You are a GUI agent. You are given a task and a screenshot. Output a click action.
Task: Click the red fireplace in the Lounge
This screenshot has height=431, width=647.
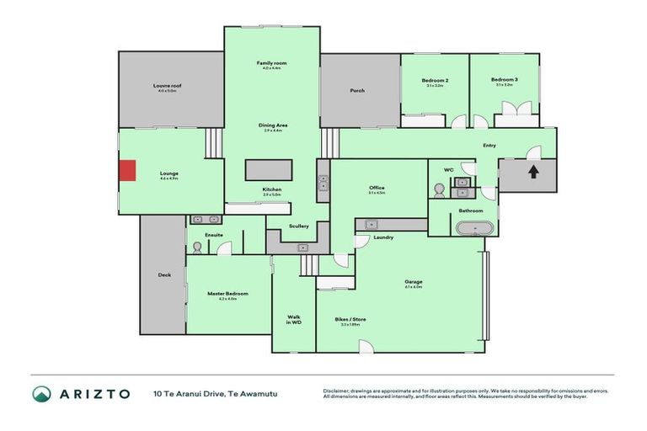(x=126, y=171)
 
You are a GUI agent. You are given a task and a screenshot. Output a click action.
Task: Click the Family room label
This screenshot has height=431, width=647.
(x=272, y=64)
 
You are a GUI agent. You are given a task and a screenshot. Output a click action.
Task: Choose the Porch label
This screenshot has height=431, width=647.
(x=357, y=90)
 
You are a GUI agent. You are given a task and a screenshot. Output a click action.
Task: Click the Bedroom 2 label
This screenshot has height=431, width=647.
(x=434, y=81)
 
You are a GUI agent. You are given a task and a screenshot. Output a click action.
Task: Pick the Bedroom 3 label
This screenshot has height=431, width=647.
(x=504, y=81)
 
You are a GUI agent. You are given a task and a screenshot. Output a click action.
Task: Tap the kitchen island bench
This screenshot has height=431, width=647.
(x=269, y=169)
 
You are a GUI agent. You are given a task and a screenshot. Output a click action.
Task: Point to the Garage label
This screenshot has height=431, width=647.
(x=413, y=282)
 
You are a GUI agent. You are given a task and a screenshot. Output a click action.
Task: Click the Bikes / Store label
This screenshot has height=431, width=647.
(x=351, y=321)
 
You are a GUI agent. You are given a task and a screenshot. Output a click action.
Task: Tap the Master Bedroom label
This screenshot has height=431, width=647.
(x=227, y=294)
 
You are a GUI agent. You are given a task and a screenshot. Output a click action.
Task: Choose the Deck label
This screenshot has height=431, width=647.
(x=163, y=274)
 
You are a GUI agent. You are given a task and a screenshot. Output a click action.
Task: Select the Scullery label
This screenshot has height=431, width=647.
(x=298, y=226)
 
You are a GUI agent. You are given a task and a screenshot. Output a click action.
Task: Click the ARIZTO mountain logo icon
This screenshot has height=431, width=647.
(x=41, y=394)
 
